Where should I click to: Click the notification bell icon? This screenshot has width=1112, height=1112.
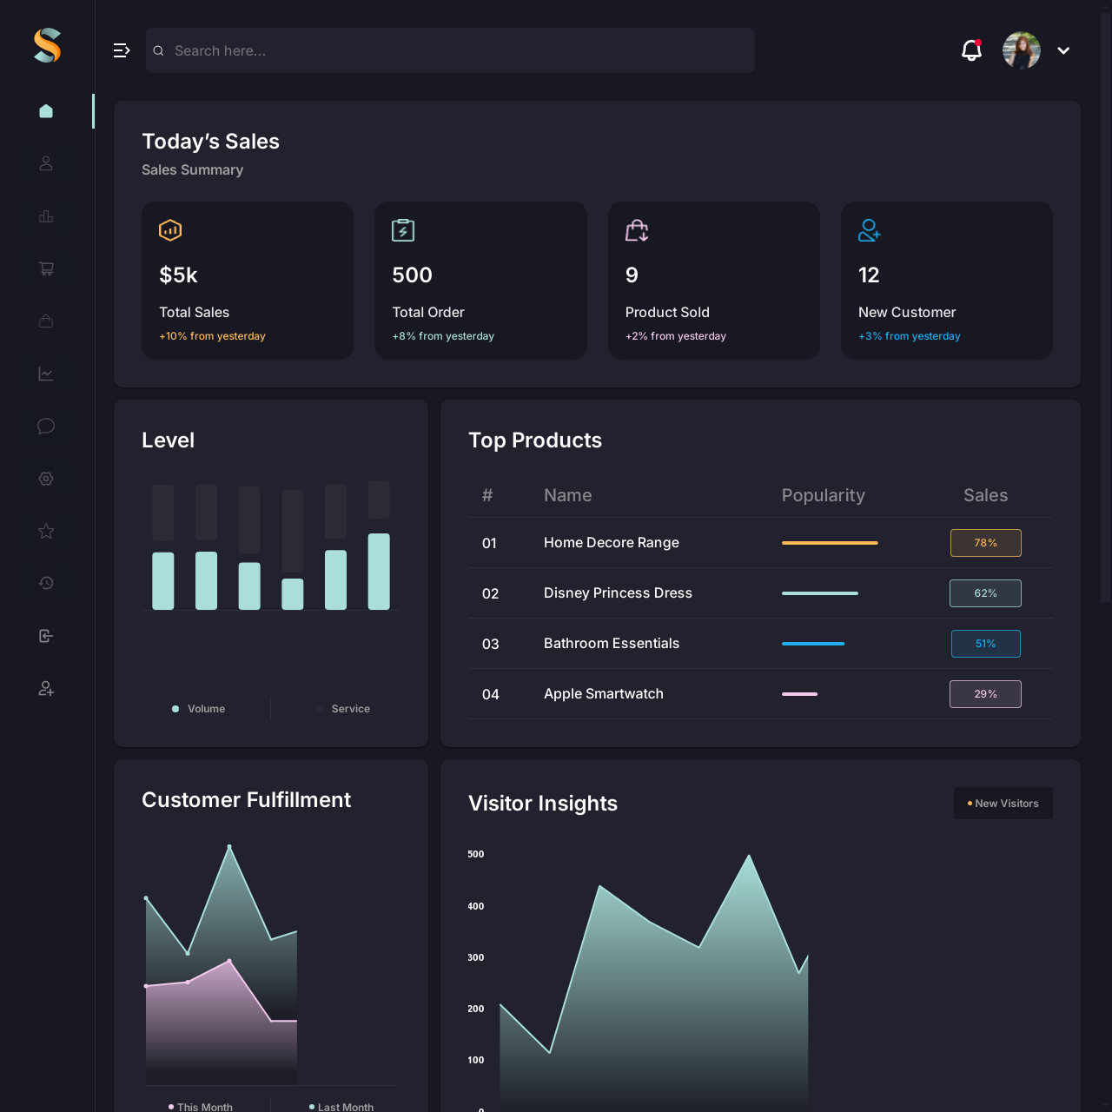(971, 50)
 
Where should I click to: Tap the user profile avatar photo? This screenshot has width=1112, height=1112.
(1022, 50)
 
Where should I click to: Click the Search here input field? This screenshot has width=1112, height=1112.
(452, 50)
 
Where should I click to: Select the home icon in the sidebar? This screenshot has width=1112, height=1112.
(46, 111)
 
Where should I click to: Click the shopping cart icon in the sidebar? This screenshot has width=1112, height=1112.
(46, 268)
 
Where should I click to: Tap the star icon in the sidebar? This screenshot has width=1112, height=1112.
(46, 531)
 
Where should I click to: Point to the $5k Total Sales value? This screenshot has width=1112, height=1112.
(178, 275)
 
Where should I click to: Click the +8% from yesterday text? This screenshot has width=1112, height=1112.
(443, 336)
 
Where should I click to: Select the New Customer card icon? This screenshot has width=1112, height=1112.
(869, 230)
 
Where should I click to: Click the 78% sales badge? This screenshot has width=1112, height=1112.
(985, 543)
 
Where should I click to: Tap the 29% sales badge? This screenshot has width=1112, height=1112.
(985, 694)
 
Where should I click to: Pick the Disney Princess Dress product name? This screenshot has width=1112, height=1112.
(618, 593)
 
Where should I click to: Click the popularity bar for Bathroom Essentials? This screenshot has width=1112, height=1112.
(813, 644)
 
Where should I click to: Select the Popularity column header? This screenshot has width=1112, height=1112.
(823, 495)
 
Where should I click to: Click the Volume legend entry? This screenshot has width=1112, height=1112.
(199, 709)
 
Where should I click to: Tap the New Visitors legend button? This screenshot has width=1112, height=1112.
(1003, 804)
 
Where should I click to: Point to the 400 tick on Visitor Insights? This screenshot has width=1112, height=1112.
(475, 906)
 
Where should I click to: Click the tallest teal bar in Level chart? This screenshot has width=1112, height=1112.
(379, 572)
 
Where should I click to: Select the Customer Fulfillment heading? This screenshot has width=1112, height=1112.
(246, 800)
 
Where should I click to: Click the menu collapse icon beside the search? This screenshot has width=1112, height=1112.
(122, 50)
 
